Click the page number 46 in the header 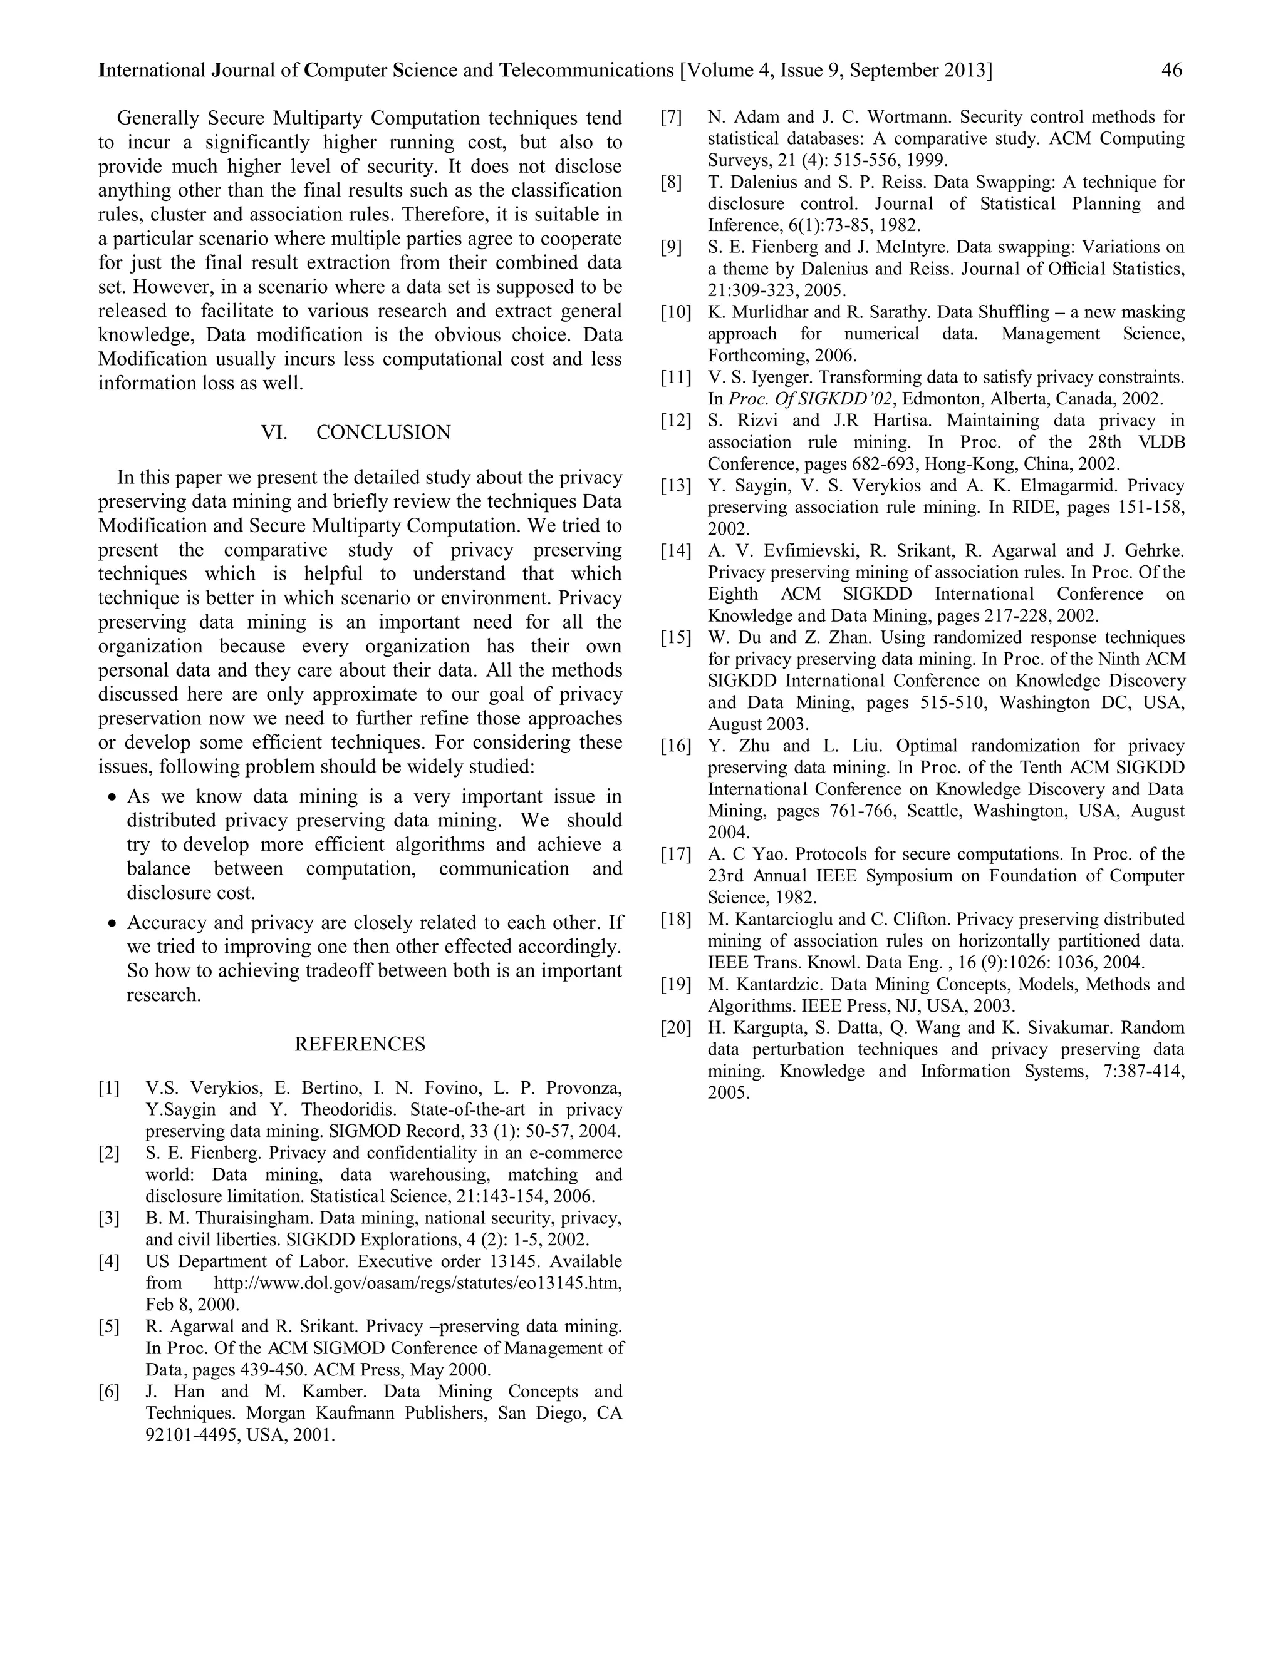coord(1171,71)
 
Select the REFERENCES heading coord(360,1044)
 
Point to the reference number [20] coord(676,1028)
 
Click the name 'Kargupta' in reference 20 coord(759,1028)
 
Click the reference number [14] coord(676,551)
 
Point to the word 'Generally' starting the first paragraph coord(158,118)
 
